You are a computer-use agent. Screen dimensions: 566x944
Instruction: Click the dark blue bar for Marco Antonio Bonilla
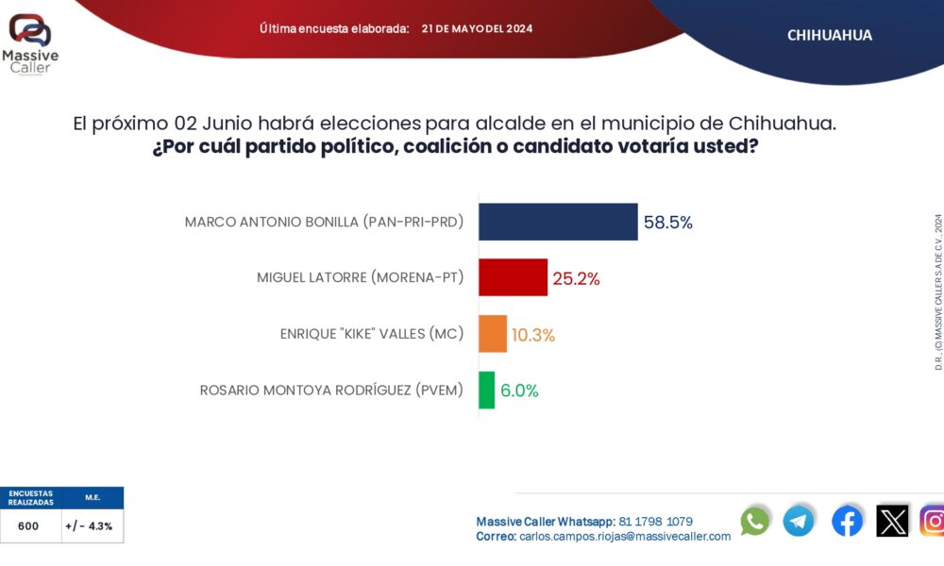(558, 222)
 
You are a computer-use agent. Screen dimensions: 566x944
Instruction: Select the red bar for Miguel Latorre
(513, 277)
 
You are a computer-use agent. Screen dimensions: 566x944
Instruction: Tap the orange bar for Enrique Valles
(493, 334)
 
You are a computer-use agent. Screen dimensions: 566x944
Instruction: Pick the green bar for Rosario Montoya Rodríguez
(486, 390)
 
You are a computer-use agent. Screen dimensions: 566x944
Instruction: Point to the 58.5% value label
(668, 223)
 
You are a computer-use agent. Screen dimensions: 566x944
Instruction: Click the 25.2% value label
(576, 278)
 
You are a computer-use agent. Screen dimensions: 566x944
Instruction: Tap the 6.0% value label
(520, 391)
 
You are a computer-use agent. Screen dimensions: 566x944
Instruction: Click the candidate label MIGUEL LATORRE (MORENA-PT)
(360, 277)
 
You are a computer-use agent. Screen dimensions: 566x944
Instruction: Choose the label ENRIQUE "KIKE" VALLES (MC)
(385, 334)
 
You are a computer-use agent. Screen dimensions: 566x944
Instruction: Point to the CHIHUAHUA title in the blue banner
(829, 35)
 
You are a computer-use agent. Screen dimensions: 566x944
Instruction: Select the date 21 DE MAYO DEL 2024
(477, 28)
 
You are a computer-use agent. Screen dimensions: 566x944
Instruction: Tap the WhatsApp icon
(754, 521)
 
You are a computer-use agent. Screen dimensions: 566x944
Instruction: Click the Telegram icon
(799, 521)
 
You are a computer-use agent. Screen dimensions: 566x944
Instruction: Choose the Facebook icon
(847, 521)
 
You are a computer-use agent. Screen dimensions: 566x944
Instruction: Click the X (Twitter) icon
(892, 521)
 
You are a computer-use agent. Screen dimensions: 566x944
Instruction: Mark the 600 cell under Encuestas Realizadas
(28, 526)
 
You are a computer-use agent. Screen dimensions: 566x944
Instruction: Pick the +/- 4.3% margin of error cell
(89, 526)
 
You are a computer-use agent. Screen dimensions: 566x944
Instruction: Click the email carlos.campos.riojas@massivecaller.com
(624, 536)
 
